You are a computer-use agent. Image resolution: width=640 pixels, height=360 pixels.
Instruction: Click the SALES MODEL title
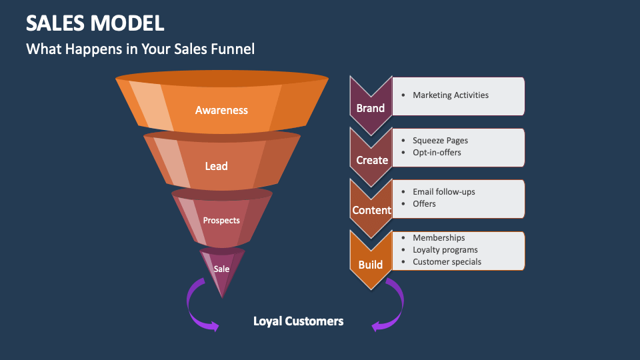pos(95,23)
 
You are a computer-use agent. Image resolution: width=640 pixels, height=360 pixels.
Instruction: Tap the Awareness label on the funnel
pos(221,111)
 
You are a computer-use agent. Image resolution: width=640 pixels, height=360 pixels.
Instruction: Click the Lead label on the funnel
pos(216,166)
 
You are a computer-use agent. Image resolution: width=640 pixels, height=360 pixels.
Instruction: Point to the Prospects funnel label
pos(221,221)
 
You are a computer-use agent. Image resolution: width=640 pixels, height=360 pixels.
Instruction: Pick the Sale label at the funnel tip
pos(221,269)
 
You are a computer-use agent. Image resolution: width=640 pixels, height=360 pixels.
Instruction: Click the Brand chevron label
pos(371,108)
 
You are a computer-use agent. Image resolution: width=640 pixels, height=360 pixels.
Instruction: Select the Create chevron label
pos(372,160)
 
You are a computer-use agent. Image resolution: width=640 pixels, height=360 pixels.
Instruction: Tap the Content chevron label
pos(372,211)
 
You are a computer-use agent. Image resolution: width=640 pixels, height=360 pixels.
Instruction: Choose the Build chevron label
pos(371,265)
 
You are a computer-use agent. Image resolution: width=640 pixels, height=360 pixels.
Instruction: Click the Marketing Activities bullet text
pos(451,95)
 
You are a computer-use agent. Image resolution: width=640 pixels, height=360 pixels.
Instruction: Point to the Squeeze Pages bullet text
pos(440,141)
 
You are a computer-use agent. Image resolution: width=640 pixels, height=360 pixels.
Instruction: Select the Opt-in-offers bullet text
pos(437,153)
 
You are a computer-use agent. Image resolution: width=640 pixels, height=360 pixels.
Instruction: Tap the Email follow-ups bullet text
pos(444,192)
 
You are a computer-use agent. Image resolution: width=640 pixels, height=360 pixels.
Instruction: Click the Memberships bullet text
pos(439,238)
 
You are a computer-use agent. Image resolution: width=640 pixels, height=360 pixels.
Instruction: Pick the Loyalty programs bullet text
pos(445,250)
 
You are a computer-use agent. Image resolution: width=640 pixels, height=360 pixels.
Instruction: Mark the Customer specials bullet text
pos(447,262)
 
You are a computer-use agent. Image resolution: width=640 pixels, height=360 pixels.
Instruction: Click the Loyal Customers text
pos(298,321)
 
